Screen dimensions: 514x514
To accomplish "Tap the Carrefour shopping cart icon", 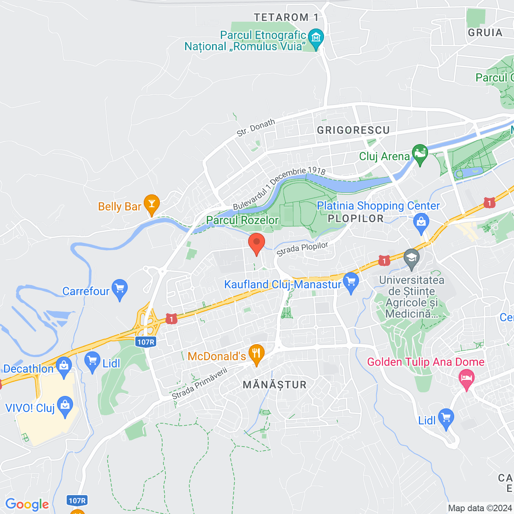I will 120,289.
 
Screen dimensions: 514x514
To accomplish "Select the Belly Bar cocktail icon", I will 152,204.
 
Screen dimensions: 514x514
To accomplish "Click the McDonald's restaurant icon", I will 256,354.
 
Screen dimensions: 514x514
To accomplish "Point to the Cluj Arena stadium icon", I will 420,154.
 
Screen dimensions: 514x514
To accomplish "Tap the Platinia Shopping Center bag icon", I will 421,223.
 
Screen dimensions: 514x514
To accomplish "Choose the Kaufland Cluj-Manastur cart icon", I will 351,282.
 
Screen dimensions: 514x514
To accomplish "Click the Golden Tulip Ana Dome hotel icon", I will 466,379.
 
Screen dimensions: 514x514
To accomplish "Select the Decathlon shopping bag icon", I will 64,366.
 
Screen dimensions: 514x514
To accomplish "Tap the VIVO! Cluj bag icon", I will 65,406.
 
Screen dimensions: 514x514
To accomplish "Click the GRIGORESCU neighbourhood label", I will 353,130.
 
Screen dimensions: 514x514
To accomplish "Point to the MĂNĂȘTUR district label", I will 275,385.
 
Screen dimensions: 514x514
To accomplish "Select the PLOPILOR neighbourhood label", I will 356,218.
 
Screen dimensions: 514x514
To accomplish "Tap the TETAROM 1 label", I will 286,17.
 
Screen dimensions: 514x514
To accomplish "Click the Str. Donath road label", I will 256,127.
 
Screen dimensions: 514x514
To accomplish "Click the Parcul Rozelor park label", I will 242,220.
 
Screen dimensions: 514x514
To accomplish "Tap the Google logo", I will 27,504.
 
